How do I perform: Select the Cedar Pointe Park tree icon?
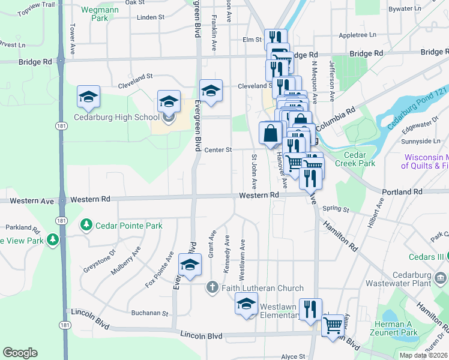[x=86, y=226]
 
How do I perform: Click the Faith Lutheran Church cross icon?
[x=211, y=288]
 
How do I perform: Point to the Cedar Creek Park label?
[x=358, y=159]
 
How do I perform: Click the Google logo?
[x=20, y=353]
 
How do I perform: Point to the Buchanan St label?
[x=150, y=313]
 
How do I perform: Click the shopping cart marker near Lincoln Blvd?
[x=333, y=326]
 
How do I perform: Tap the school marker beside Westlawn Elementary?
[x=246, y=305]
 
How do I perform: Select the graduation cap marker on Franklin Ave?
[x=211, y=91]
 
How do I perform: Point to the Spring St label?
[x=336, y=209]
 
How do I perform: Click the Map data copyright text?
[x=423, y=355]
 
